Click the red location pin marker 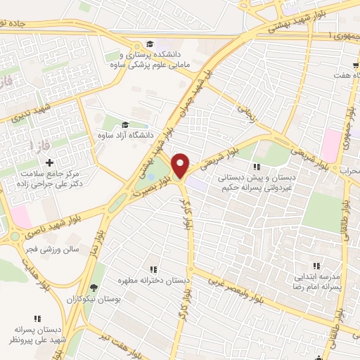click(181, 165)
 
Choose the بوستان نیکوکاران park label click(95, 300)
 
